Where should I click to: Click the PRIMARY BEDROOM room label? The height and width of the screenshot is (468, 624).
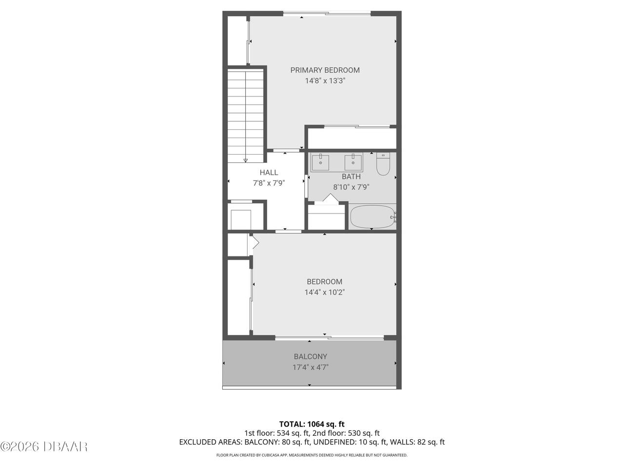click(x=325, y=70)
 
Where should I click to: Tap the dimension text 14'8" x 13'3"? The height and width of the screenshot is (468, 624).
click(x=325, y=81)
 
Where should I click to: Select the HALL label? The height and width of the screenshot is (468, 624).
click(x=269, y=173)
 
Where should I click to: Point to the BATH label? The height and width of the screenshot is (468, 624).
click(x=351, y=176)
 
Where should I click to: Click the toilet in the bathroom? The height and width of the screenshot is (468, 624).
click(x=383, y=165)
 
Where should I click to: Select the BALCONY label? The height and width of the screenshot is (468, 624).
click(x=310, y=357)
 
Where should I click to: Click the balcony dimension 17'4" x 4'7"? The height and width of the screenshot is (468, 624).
click(x=310, y=368)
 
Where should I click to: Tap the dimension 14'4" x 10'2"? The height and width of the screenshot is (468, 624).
click(x=324, y=292)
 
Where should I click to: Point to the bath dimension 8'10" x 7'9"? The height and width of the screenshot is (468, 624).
click(x=351, y=187)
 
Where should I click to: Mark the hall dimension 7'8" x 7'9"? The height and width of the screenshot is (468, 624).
click(x=269, y=183)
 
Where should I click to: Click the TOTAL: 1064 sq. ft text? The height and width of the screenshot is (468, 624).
click(x=312, y=424)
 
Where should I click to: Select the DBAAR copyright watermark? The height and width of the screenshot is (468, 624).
click(x=44, y=446)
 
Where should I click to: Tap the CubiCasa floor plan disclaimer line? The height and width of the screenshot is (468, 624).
click(x=312, y=455)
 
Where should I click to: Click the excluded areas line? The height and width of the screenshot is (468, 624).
click(x=312, y=442)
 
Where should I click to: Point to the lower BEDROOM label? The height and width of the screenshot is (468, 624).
click(x=324, y=282)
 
